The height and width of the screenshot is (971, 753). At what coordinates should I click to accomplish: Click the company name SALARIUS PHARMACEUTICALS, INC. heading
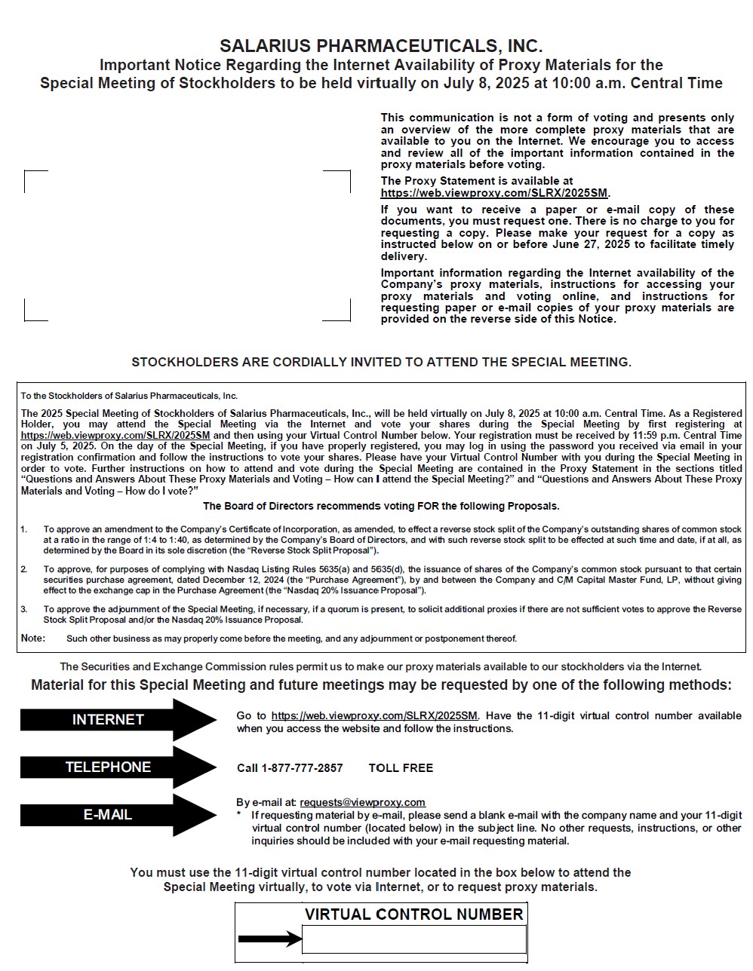pyautogui.click(x=381, y=47)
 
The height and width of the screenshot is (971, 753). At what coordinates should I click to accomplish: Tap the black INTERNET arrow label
pyautogui.click(x=108, y=720)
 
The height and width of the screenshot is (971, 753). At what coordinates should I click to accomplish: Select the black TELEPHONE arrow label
pyautogui.click(x=108, y=767)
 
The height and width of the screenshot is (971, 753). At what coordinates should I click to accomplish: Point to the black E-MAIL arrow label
pyautogui.click(x=108, y=815)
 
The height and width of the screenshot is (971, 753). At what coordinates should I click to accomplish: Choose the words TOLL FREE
pyautogui.click(x=401, y=768)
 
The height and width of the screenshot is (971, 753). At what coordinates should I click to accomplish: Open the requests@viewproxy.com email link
pyautogui.click(x=362, y=802)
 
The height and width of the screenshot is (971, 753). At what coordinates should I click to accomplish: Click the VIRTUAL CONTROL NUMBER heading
pyautogui.click(x=413, y=914)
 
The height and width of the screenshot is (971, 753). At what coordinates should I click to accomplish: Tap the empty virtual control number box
pyautogui.click(x=413, y=939)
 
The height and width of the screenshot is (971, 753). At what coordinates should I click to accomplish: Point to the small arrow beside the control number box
pyautogui.click(x=269, y=939)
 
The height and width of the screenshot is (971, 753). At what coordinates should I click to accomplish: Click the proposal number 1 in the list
pyautogui.click(x=24, y=530)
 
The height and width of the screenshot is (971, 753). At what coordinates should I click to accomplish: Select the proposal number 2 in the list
pyautogui.click(x=24, y=569)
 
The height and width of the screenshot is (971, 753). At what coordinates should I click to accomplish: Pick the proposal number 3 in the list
pyautogui.click(x=24, y=609)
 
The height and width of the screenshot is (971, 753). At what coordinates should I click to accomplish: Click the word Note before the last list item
pyautogui.click(x=32, y=639)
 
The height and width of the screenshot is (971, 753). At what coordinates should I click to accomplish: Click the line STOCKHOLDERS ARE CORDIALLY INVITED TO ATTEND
pyautogui.click(x=381, y=362)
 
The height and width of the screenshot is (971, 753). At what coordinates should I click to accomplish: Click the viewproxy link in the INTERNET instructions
pyautogui.click(x=374, y=715)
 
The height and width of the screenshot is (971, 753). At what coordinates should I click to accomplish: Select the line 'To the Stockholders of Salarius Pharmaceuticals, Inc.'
pyautogui.click(x=129, y=396)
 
